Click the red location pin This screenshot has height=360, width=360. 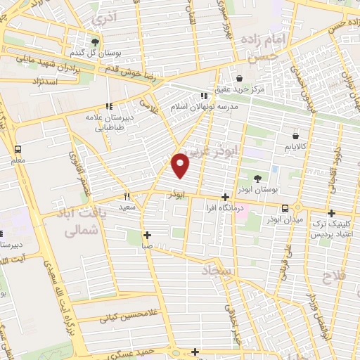(181, 165)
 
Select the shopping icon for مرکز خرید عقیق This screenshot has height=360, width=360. (240, 78)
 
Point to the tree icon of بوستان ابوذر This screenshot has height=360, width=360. (255, 179)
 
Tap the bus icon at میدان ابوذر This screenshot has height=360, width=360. (285, 208)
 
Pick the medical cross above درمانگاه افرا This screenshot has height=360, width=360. (224, 198)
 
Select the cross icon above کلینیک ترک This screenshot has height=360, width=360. (331, 213)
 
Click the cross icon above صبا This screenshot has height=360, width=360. (146, 236)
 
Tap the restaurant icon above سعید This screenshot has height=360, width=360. (127, 197)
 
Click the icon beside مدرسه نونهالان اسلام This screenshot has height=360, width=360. (203, 96)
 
